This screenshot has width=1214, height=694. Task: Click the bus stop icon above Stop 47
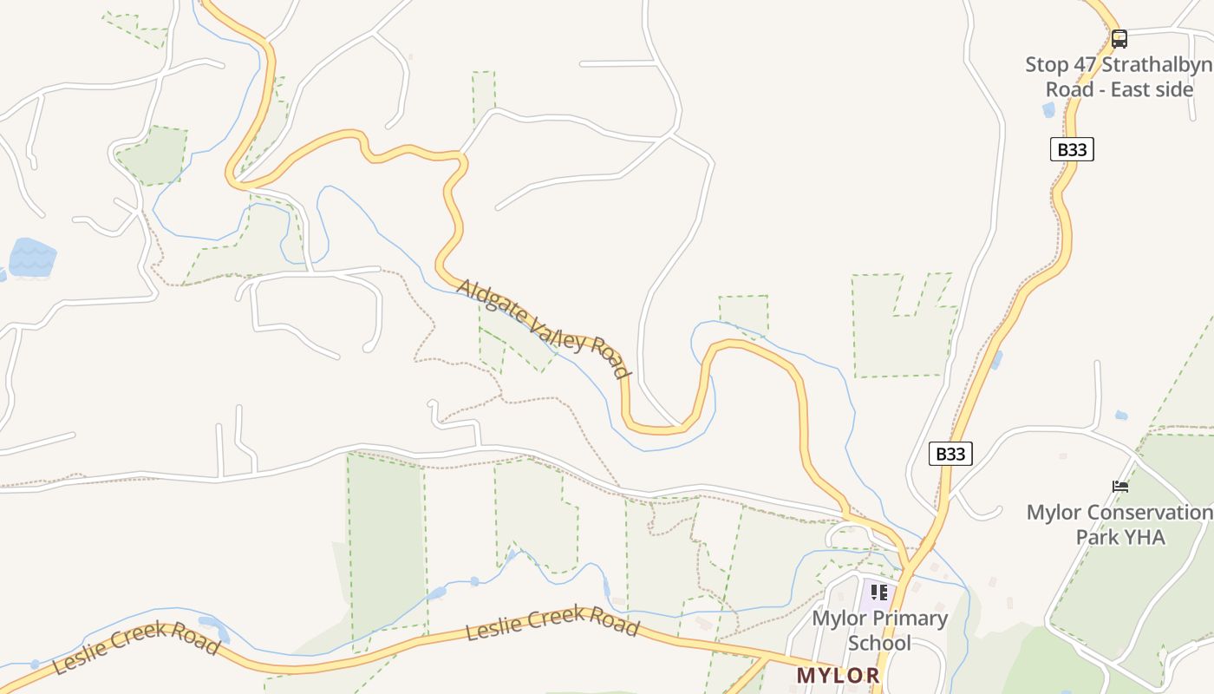[1119, 38]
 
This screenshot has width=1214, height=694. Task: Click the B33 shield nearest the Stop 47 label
[1072, 149]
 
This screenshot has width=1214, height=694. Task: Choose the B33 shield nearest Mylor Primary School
[950, 454]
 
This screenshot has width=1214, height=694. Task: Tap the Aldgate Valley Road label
[543, 328]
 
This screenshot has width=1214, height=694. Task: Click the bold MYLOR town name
[838, 675]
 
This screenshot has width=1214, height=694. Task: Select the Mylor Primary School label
[879, 631]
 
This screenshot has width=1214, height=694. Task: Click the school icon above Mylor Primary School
[879, 593]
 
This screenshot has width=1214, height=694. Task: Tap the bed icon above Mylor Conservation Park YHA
[1120, 487]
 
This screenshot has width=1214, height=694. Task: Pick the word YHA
[1145, 537]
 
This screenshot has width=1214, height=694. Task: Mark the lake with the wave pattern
[32, 258]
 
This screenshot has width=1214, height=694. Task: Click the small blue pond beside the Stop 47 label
[1048, 110]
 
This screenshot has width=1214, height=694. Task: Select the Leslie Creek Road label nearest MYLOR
[552, 625]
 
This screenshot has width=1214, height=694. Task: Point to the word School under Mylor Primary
[879, 643]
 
